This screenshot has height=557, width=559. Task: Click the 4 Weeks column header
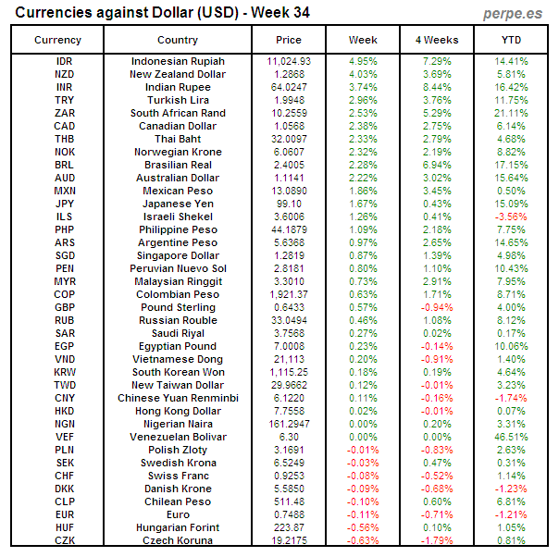437,40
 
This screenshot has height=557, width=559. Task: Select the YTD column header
511,40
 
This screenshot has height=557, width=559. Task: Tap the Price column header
289,40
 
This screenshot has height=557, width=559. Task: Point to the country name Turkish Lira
178,100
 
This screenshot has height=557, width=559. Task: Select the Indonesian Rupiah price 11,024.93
289,61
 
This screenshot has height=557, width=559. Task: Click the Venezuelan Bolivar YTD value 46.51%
511,437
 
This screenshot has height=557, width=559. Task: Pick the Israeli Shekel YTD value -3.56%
511,217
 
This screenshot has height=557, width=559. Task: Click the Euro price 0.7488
289,514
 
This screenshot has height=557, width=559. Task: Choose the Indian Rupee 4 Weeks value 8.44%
437,87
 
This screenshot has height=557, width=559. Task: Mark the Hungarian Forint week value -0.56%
363,527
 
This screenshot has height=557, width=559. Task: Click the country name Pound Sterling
178,307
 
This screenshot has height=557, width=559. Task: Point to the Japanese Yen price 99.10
289,204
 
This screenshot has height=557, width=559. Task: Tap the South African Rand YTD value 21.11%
511,113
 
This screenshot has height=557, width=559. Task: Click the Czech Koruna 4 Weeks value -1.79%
437,540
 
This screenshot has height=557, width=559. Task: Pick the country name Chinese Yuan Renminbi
178,398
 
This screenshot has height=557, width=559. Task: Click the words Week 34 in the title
278,13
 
